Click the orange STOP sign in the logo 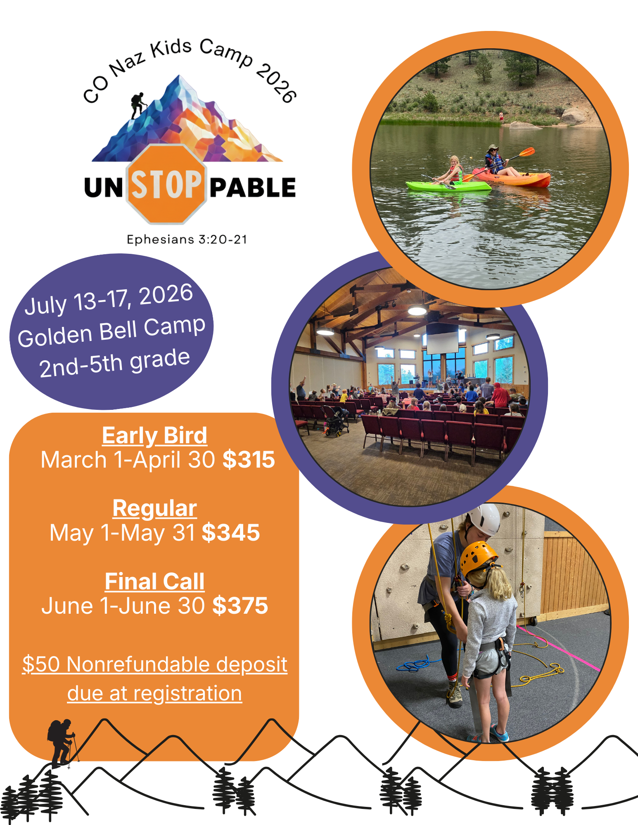point(166,184)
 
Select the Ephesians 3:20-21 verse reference point(187,239)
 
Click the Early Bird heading point(154,436)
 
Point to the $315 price point(249,459)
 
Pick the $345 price point(231,532)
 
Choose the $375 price point(240,605)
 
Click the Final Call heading point(154,582)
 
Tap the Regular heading point(155,508)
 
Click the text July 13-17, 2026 point(109,299)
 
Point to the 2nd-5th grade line point(114,363)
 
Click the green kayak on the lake point(448,186)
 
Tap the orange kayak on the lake point(512,178)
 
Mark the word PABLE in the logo point(253,188)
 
